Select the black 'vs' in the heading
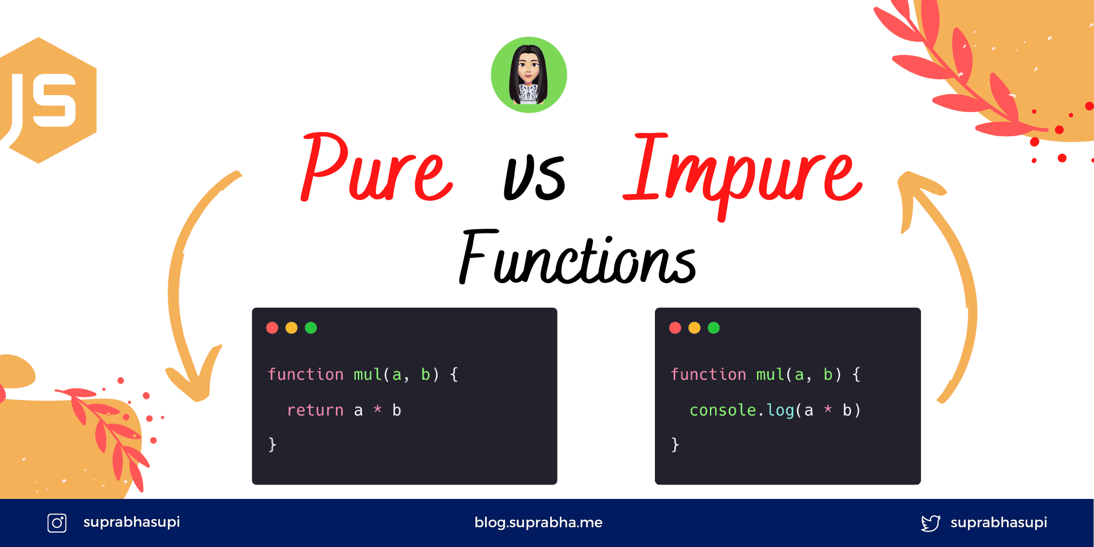(x=534, y=176)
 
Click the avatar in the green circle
(x=529, y=75)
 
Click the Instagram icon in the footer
(x=57, y=522)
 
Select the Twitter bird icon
(x=931, y=523)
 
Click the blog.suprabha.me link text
(x=538, y=522)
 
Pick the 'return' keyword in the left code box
(x=315, y=410)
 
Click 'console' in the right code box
(x=722, y=410)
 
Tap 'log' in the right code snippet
(x=780, y=410)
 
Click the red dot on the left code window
(x=272, y=328)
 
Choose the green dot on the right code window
(x=714, y=328)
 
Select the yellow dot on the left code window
(x=292, y=328)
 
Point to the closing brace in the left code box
(x=272, y=444)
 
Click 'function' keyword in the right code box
(x=708, y=374)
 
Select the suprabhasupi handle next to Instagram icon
(x=131, y=522)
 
